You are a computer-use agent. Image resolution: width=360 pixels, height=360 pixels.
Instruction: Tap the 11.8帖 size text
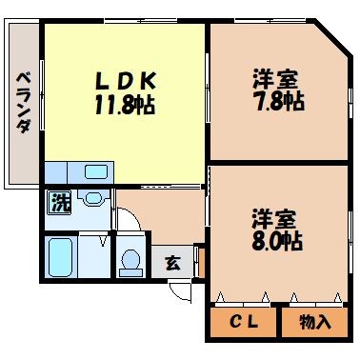(x=125, y=103)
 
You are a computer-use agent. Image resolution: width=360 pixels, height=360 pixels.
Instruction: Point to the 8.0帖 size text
(x=276, y=240)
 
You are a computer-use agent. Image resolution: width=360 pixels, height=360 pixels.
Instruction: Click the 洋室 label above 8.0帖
(x=275, y=217)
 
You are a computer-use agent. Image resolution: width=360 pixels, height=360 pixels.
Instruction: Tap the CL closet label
(x=243, y=322)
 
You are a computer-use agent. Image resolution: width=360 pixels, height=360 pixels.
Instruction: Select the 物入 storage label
(x=315, y=322)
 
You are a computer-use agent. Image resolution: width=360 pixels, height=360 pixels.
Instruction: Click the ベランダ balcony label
(x=23, y=102)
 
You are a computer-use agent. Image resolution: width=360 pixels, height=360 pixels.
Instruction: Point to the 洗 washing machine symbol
(x=59, y=202)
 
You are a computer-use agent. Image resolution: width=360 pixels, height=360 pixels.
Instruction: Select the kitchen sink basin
(x=96, y=171)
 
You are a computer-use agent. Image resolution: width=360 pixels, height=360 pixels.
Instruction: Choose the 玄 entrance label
(x=173, y=263)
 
